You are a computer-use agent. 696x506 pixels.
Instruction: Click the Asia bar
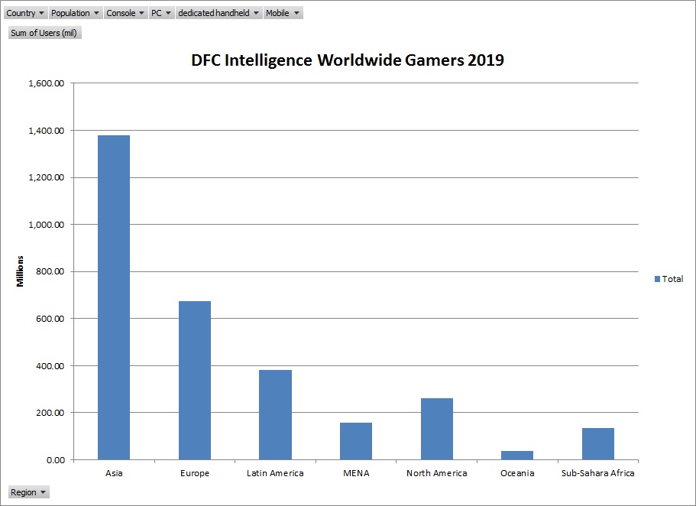point(114,297)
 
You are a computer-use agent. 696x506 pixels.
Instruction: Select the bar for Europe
point(195,380)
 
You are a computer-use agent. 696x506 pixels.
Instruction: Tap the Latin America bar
point(275,414)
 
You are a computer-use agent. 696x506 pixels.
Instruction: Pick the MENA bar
point(356,441)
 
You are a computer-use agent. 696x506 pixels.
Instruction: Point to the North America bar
point(436,429)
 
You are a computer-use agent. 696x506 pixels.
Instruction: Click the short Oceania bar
point(517,455)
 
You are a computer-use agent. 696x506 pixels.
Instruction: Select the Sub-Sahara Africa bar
point(597,443)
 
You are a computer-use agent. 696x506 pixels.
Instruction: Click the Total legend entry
point(668,279)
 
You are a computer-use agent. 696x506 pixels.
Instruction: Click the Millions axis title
point(21,271)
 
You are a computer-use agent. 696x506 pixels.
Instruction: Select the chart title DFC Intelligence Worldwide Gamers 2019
point(348,60)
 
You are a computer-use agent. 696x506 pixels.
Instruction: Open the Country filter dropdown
point(25,13)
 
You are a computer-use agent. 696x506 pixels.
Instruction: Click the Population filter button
point(75,13)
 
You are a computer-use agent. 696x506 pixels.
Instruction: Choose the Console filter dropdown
point(125,13)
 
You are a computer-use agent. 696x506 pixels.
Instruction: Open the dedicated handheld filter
point(219,13)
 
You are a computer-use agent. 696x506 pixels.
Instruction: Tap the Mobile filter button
point(283,13)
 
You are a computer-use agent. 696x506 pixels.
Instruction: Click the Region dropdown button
point(28,492)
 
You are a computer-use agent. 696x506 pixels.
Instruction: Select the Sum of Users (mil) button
point(44,33)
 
